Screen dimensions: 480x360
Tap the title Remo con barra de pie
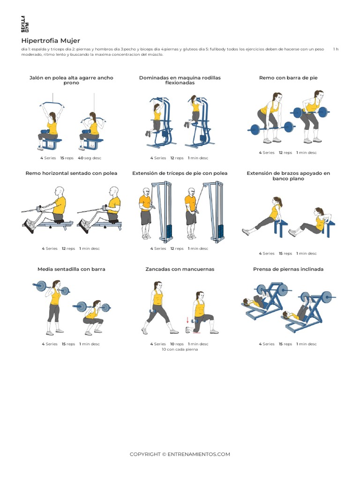288,78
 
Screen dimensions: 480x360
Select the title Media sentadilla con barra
71,269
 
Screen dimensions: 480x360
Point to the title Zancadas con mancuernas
180,269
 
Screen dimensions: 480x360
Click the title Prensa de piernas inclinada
288,269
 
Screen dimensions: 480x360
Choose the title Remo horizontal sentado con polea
71,173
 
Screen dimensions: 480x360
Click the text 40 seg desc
90,158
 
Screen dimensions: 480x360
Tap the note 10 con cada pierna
180,349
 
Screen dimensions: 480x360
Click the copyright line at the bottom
180,454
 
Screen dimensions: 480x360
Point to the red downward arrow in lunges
188,321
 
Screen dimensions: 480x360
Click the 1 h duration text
336,49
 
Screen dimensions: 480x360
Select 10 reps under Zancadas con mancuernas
176,344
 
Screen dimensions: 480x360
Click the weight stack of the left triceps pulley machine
169,231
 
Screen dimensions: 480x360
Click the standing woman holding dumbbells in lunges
157,307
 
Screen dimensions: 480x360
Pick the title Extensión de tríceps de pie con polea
180,173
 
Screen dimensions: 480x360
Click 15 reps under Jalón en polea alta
67,158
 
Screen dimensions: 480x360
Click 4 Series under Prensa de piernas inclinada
267,344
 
